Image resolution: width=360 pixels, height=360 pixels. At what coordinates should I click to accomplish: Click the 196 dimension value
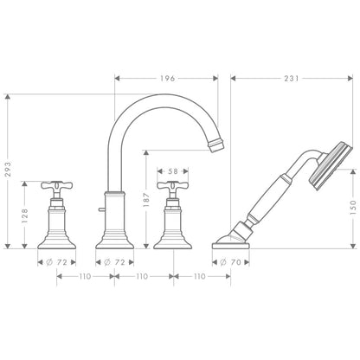(x=167, y=79)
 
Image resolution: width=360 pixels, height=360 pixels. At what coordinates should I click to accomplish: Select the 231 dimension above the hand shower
(x=291, y=79)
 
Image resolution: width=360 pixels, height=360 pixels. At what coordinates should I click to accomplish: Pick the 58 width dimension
(x=173, y=171)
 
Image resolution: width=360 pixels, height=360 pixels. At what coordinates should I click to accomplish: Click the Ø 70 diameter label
(x=230, y=261)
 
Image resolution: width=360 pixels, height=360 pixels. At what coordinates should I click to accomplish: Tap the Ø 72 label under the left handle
(x=55, y=261)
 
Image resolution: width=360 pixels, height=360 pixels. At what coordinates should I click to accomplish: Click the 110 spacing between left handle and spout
(x=85, y=276)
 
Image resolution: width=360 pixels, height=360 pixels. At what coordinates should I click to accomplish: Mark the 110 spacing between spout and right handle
(x=143, y=276)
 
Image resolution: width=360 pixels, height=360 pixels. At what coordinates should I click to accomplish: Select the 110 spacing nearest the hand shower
(x=201, y=276)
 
